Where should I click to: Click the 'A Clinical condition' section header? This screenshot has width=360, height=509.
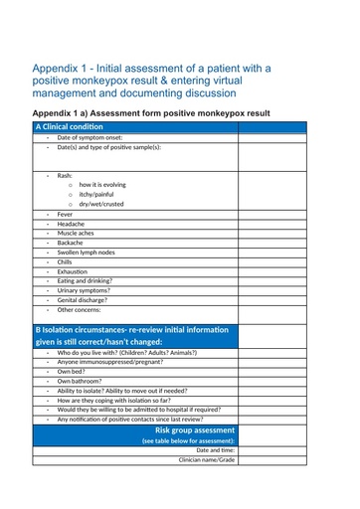point(70,127)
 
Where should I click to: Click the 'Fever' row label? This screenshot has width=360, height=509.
point(65,215)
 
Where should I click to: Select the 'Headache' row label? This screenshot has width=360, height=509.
point(71,225)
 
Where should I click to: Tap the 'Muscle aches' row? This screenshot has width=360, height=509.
point(76,234)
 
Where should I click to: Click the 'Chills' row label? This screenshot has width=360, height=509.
point(65,262)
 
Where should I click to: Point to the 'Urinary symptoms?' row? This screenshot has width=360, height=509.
point(84,290)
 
